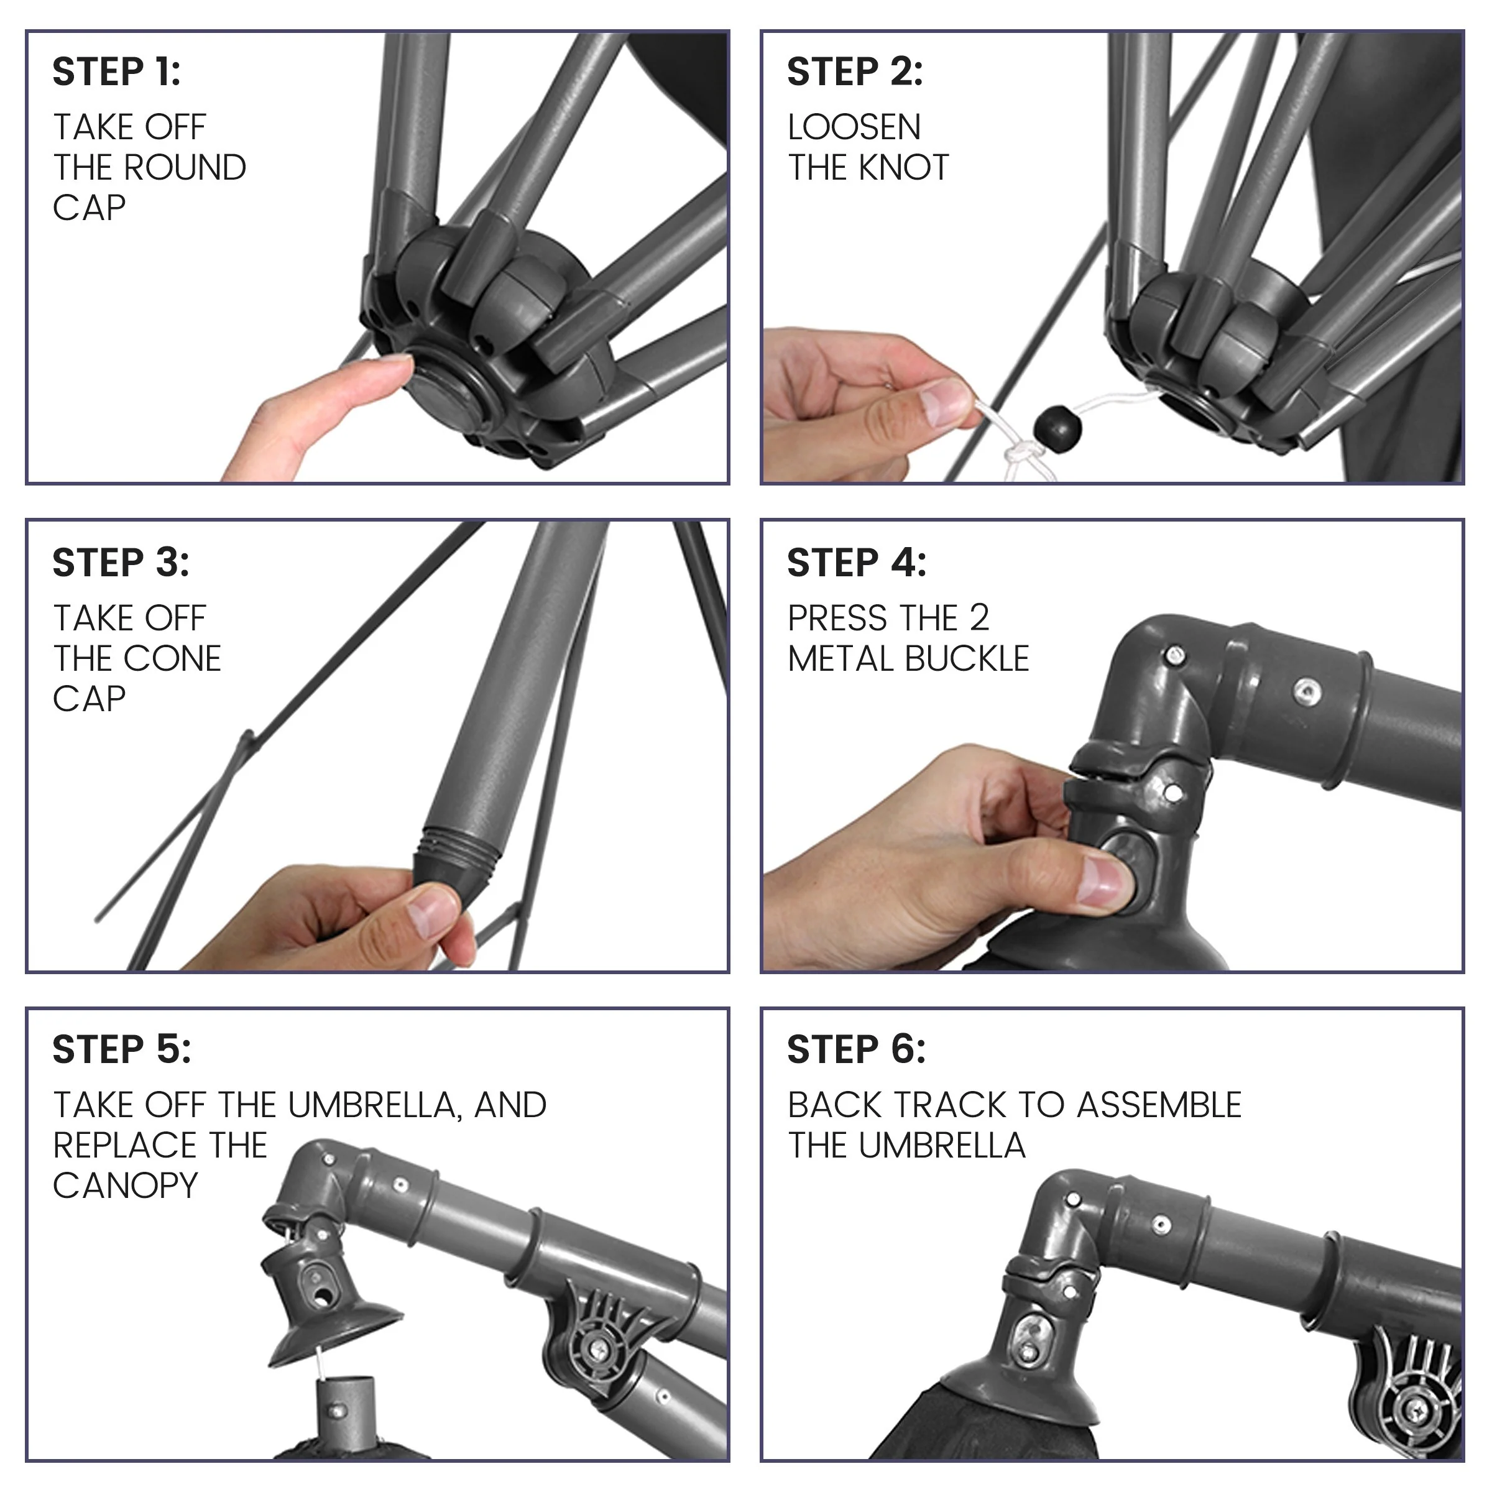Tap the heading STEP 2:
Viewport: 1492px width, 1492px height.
(x=855, y=72)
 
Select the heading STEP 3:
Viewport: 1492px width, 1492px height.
(x=121, y=563)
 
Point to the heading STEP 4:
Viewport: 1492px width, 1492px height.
(x=857, y=563)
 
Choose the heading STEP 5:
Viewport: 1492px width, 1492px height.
(x=121, y=1050)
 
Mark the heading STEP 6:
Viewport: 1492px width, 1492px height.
(x=857, y=1050)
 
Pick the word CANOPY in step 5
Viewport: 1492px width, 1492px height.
(x=125, y=1186)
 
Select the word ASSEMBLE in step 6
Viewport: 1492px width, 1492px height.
(x=1159, y=1105)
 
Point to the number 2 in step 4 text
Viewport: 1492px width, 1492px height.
(x=979, y=618)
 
